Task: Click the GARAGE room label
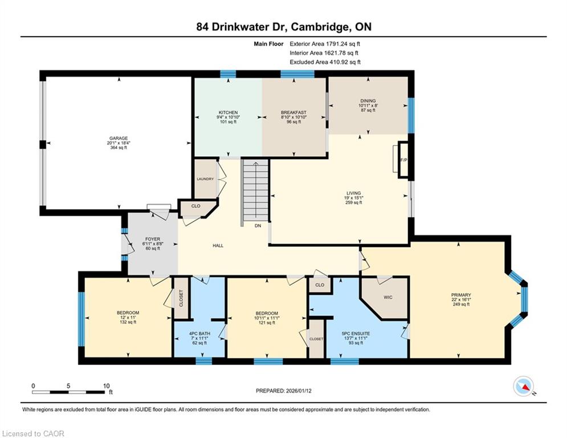[x=119, y=138]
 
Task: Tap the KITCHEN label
[x=228, y=112]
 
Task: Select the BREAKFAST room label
[x=293, y=112]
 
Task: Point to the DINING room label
[x=368, y=101]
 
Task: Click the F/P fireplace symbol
[x=403, y=160]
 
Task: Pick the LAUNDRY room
[x=205, y=179]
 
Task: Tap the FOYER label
[x=153, y=240]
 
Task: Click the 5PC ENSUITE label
[x=356, y=334]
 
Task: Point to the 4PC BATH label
[x=199, y=334]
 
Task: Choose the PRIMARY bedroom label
[x=461, y=295]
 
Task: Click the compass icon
[x=524, y=386]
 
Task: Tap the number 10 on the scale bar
[x=107, y=386]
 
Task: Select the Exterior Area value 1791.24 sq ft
[x=325, y=44]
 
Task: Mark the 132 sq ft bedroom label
[x=128, y=322]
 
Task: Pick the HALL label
[x=218, y=245]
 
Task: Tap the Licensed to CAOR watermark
[x=33, y=433]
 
